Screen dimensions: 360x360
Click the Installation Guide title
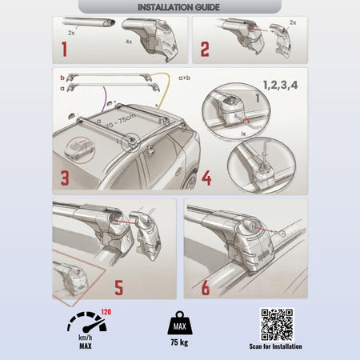tap(178, 7)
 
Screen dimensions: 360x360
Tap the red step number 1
tap(64, 49)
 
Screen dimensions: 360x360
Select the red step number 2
tap(205, 50)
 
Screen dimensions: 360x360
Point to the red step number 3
tap(65, 178)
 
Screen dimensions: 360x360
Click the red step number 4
tap(206, 178)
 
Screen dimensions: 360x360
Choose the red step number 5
tap(119, 288)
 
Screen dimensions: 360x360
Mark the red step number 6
tap(206, 288)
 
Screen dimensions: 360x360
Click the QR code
tap(277, 325)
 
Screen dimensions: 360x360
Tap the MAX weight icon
tap(180, 323)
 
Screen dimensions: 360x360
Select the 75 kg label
tap(179, 342)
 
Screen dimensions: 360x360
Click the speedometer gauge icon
tap(86, 322)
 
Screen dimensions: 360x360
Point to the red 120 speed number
tap(106, 312)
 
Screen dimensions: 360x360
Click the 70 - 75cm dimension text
tap(121, 121)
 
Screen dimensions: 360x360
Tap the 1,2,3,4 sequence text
tap(280, 85)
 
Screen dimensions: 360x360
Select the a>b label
tap(184, 78)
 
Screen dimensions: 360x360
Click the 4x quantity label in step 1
tap(129, 42)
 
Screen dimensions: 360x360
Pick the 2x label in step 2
tap(293, 22)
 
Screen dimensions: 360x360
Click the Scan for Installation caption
tap(276, 346)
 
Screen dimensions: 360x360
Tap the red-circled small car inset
tap(80, 150)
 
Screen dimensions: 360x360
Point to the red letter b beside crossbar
tap(62, 78)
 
